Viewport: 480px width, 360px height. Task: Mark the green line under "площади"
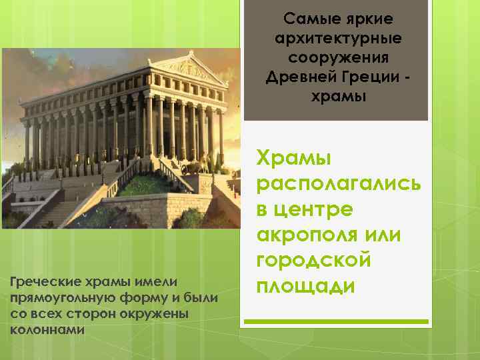pyautogui.click(x=336, y=321)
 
